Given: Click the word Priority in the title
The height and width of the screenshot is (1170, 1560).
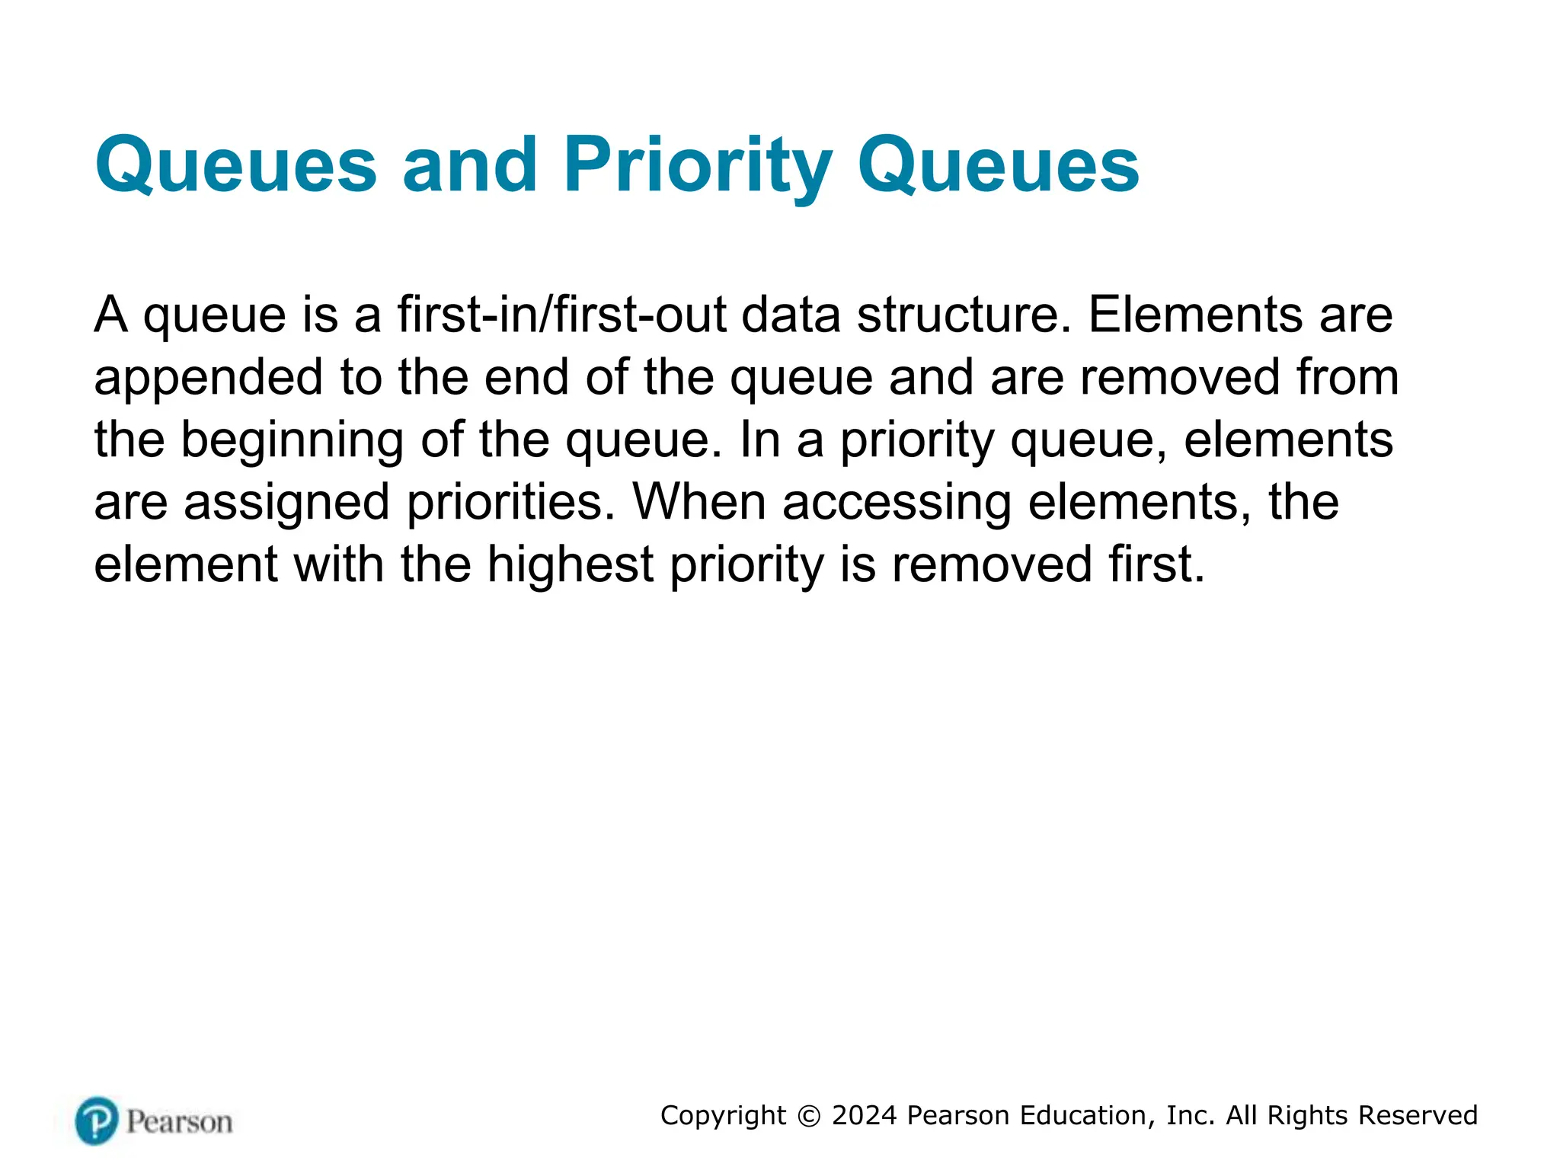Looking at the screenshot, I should (x=697, y=166).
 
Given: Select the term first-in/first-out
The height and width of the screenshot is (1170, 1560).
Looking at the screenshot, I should (x=561, y=315).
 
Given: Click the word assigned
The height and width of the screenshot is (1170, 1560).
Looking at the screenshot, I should (x=286, y=503).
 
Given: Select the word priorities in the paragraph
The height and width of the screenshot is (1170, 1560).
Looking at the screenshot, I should (x=510, y=503).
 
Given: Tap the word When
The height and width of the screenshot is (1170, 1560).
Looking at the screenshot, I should (x=698, y=503).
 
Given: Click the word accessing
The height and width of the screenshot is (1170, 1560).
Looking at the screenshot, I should (x=897, y=503).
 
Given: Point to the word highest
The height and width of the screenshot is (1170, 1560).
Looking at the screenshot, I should (x=570, y=565).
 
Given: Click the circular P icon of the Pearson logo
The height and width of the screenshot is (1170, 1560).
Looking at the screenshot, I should (x=97, y=1120).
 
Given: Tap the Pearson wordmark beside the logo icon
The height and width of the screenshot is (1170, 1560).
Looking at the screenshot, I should (x=179, y=1122).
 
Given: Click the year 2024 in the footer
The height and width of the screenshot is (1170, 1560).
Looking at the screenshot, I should (x=865, y=1115).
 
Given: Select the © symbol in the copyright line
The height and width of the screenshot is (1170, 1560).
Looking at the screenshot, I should (x=808, y=1116).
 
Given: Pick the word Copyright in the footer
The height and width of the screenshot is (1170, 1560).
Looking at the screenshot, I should (x=723, y=1116).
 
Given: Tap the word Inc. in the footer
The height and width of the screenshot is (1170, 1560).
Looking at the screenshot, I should (x=1190, y=1115).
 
